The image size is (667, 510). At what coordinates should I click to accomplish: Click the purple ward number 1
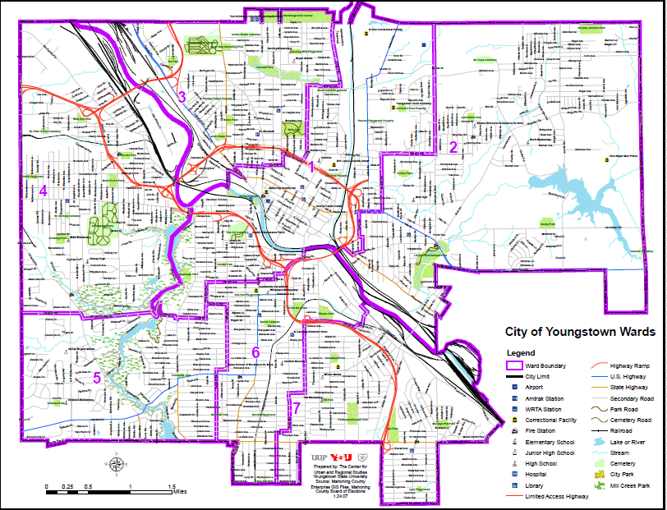(x=310, y=167)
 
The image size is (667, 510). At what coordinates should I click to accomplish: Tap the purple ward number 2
(x=453, y=148)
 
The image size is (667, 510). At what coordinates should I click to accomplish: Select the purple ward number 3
(x=182, y=97)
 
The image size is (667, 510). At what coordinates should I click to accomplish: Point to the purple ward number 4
(x=43, y=191)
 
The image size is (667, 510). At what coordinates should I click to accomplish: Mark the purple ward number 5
(x=96, y=378)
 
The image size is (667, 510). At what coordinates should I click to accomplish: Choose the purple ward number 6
(x=255, y=353)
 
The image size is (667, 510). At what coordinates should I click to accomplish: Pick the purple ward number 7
(x=297, y=408)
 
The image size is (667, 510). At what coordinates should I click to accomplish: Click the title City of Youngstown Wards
(x=579, y=333)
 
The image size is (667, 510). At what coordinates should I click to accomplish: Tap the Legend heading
(x=520, y=353)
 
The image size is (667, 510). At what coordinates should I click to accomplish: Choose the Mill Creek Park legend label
(x=636, y=485)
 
